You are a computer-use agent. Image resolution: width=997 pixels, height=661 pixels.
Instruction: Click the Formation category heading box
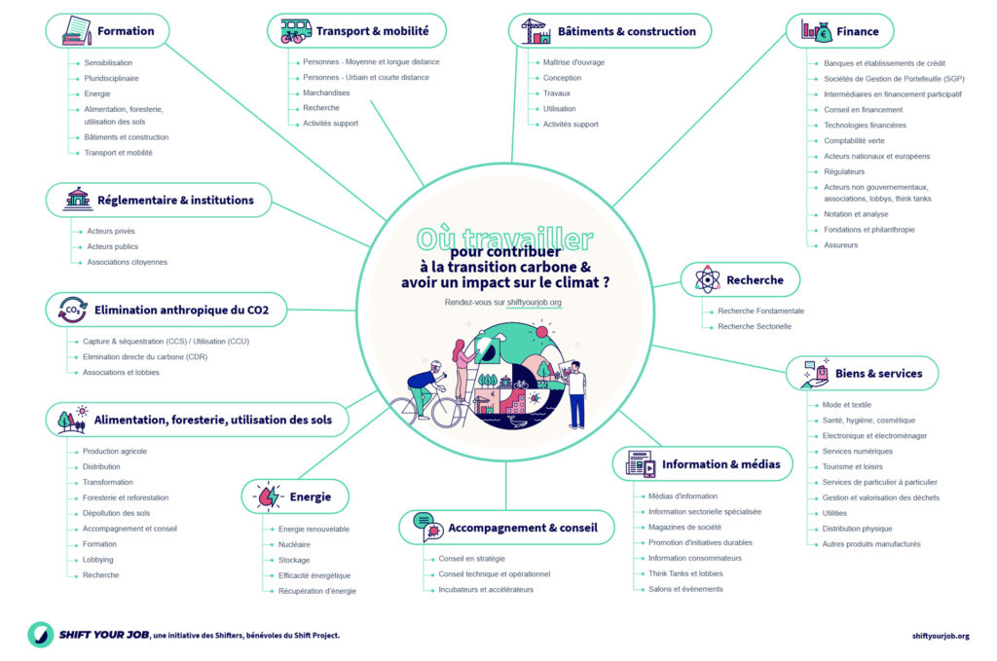point(107,30)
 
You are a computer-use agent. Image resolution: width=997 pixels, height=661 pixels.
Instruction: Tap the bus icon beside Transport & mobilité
point(291,31)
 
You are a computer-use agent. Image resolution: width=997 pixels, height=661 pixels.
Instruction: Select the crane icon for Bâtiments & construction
point(535,31)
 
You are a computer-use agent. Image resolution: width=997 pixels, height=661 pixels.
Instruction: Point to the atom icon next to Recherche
point(708,280)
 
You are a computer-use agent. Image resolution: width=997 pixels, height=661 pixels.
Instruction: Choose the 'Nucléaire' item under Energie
point(294,544)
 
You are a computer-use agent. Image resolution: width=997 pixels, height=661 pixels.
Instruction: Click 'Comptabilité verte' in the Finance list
point(854,141)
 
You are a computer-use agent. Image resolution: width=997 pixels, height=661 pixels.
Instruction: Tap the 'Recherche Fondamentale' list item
point(760,311)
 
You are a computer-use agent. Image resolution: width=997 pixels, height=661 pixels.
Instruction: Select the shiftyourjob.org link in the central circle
point(535,303)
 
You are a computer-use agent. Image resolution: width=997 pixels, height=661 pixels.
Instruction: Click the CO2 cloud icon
point(70,311)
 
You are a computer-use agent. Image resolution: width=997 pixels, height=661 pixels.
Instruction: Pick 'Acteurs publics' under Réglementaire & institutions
point(112,246)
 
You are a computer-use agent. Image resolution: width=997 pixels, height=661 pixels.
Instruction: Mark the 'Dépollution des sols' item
point(116,513)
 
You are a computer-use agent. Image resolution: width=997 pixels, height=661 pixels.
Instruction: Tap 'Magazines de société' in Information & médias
point(684,527)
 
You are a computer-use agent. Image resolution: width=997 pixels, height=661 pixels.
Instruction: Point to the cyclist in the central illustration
point(425,385)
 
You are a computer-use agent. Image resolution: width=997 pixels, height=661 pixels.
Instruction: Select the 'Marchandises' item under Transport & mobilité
point(326,92)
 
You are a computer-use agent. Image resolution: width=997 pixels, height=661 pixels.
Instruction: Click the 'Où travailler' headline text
point(504,239)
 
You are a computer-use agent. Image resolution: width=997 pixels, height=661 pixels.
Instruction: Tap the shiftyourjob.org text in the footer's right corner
point(941,636)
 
